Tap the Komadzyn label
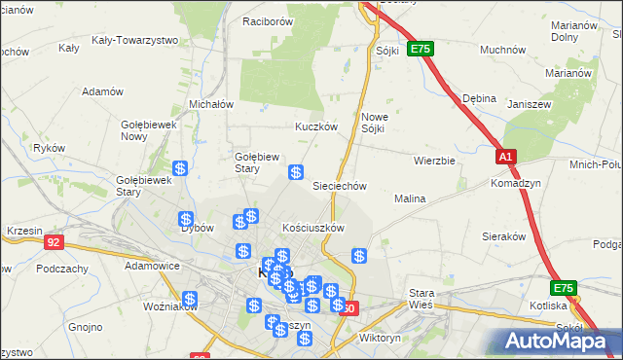tap(516, 183)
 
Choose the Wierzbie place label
tap(434, 161)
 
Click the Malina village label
tap(410, 198)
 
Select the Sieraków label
tap(504, 236)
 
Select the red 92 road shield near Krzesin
tap(55, 242)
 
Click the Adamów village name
tap(103, 91)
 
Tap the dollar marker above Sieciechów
tap(295, 172)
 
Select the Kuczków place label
tap(316, 126)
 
